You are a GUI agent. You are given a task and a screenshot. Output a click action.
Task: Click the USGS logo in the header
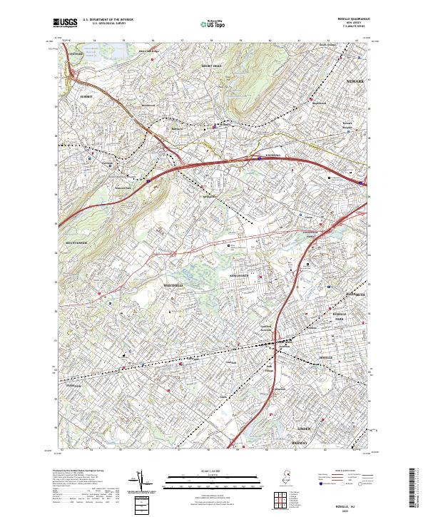(64, 23)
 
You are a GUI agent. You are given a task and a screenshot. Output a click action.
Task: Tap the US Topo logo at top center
(213, 24)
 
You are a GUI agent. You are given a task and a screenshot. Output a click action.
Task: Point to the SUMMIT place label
(86, 96)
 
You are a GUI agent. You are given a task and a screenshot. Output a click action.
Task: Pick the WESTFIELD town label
(173, 286)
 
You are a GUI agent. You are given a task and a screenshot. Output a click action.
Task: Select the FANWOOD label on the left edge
(73, 387)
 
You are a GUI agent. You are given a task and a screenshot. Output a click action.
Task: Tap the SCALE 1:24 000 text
(213, 471)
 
